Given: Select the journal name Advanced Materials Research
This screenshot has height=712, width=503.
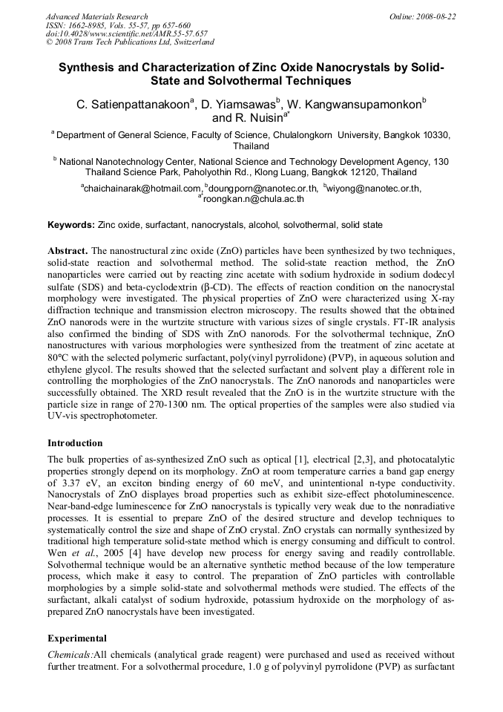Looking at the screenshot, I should pos(96,16).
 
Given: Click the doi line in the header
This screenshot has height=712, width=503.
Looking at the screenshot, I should pos(126,33).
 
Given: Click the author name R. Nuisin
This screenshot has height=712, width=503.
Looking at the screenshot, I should pos(247,118).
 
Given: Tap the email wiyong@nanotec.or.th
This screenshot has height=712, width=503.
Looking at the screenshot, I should pos(374,189).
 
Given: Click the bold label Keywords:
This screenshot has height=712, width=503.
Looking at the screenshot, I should pos(71,224).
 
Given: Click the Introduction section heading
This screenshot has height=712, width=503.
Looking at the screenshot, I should pos(75,443).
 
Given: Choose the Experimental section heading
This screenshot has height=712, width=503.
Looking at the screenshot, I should pos(77,638).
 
